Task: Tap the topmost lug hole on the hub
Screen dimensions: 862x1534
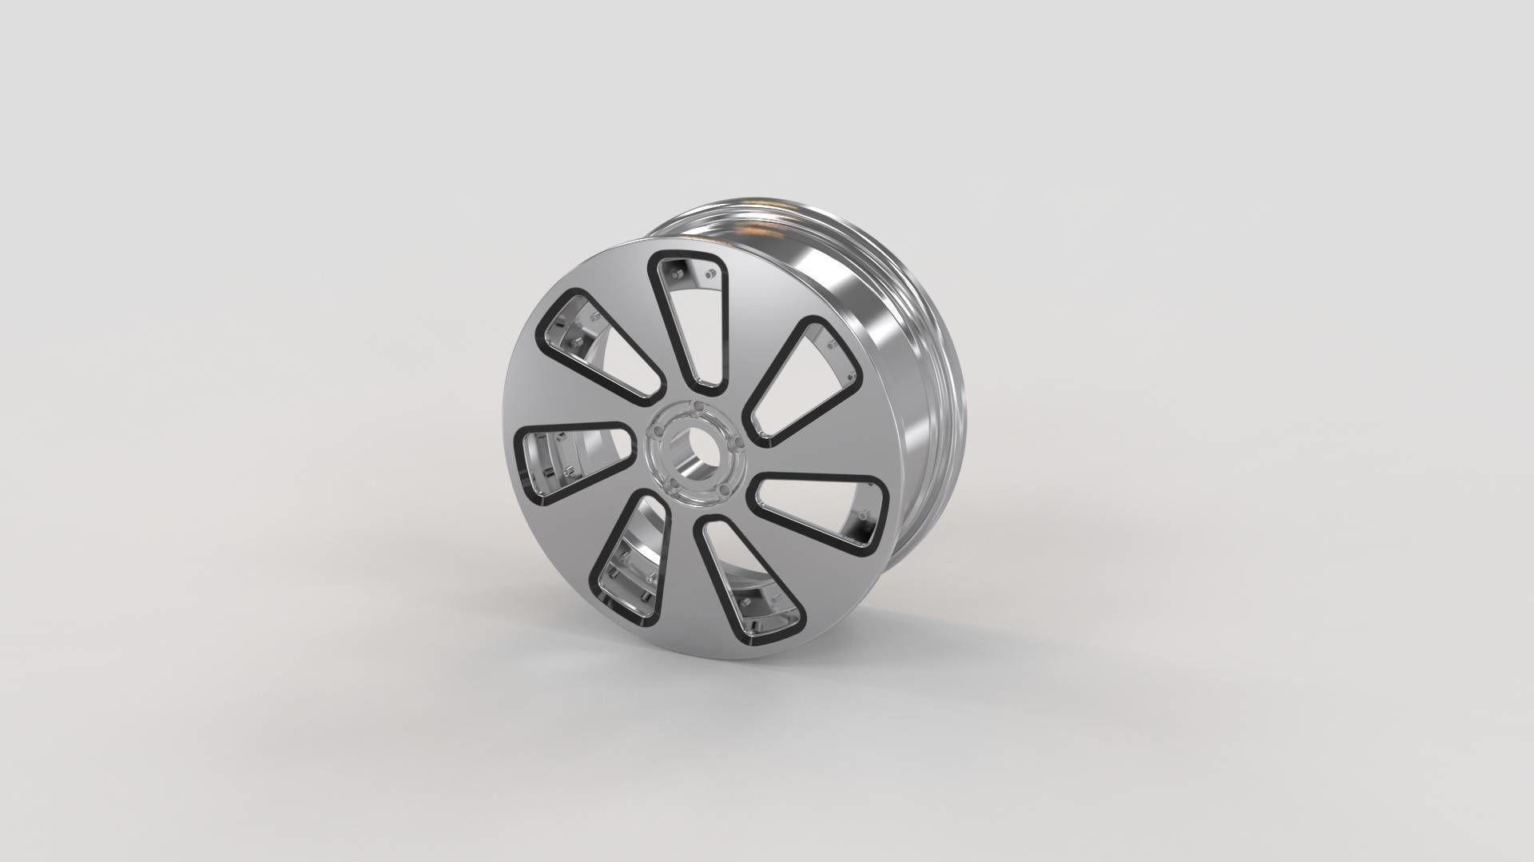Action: click(x=699, y=409)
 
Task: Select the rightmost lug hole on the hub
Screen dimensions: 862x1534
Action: click(x=737, y=441)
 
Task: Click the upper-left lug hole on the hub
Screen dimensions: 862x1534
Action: click(x=657, y=431)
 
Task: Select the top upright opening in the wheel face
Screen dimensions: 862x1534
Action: click(x=691, y=320)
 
